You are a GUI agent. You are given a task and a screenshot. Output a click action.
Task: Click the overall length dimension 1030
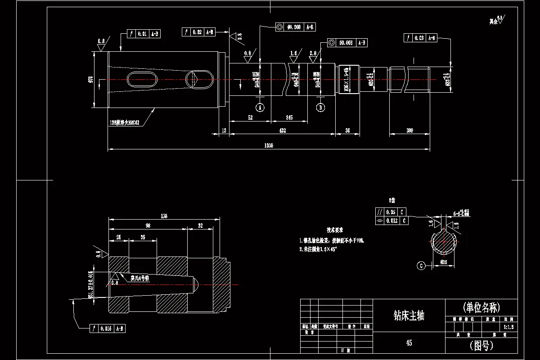[269, 145]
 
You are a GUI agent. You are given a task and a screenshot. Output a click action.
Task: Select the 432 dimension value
[283, 130]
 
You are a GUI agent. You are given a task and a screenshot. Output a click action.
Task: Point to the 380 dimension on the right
[409, 130]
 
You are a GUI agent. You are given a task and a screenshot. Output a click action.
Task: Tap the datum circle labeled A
[259, 107]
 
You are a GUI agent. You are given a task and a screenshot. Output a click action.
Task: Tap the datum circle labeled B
[320, 107]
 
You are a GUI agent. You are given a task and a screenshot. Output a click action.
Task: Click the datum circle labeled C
[421, 265]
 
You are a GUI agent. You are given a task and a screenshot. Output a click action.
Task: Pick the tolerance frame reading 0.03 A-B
[421, 38]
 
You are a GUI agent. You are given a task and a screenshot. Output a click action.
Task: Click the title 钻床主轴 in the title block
[409, 315]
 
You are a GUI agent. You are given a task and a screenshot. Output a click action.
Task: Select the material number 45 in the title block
[409, 343]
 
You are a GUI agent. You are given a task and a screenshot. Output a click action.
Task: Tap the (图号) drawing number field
[481, 345]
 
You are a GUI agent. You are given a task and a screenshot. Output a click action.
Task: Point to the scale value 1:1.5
[508, 327]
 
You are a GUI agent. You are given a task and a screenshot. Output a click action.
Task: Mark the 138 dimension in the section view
[163, 216]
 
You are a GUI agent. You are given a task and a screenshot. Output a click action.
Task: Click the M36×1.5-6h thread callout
[346, 79]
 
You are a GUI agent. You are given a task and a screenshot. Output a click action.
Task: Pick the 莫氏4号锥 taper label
[139, 279]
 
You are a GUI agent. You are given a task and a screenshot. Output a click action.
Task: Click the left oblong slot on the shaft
[142, 80]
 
